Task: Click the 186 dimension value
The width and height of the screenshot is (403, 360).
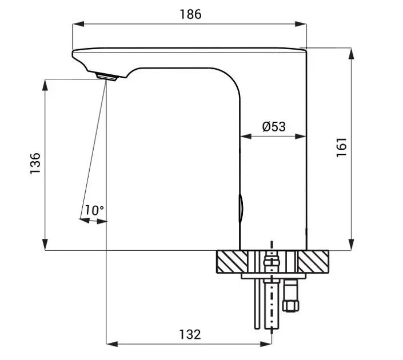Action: [190, 14]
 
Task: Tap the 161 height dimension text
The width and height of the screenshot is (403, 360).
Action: [342, 147]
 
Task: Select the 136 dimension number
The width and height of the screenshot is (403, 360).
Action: [35, 163]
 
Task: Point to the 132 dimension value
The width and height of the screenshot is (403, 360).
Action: [190, 334]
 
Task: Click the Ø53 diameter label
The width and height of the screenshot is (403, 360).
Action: [274, 127]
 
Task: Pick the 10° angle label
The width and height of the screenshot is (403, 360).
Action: [94, 210]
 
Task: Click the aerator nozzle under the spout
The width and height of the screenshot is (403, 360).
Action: [106, 77]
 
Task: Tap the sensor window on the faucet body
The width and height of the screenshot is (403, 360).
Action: [241, 209]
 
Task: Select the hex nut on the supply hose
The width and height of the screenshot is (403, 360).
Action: [290, 306]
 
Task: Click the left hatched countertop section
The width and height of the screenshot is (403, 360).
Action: [232, 261]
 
